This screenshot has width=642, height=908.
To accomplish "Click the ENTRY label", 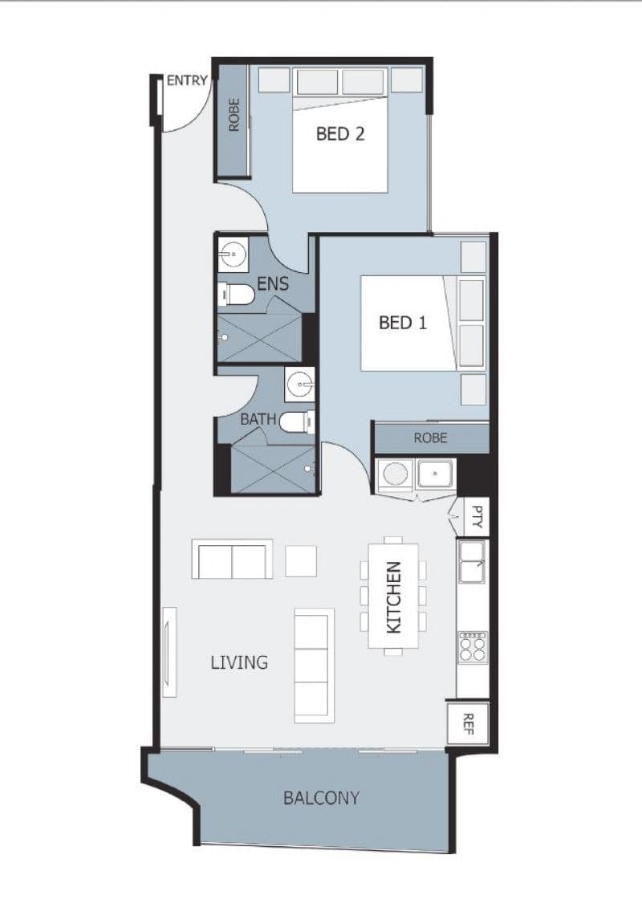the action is click(x=186, y=80).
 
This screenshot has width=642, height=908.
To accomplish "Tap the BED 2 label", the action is click(x=340, y=134).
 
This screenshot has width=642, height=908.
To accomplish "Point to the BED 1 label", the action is click(x=402, y=323).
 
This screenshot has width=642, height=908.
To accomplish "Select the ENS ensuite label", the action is click(x=273, y=283).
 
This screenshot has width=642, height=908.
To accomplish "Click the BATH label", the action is click(x=258, y=419).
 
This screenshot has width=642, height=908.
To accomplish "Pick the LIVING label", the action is click(x=239, y=662).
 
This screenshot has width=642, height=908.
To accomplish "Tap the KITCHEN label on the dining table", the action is click(x=393, y=597).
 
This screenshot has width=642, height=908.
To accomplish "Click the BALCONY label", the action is click(x=321, y=798).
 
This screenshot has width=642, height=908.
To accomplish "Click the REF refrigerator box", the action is click(x=468, y=724).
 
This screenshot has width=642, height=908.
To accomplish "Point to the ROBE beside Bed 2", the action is click(x=234, y=115).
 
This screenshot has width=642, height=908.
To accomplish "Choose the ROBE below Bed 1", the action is click(x=431, y=438).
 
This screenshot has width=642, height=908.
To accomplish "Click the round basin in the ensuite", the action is click(x=234, y=254).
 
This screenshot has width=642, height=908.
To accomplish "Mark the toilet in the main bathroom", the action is click(x=296, y=421).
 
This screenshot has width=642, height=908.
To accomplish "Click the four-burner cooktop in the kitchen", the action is click(x=473, y=647).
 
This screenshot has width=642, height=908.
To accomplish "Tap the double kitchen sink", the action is click(x=473, y=562).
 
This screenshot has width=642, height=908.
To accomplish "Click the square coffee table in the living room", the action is click(x=301, y=560).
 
